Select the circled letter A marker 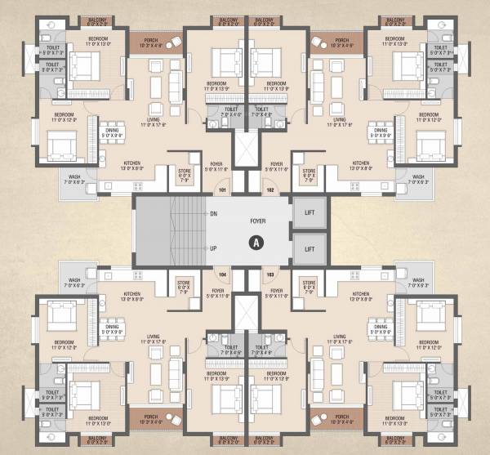(256, 242)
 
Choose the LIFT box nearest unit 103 (310, 248)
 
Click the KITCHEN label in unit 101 (132, 163)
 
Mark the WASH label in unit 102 (418, 176)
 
